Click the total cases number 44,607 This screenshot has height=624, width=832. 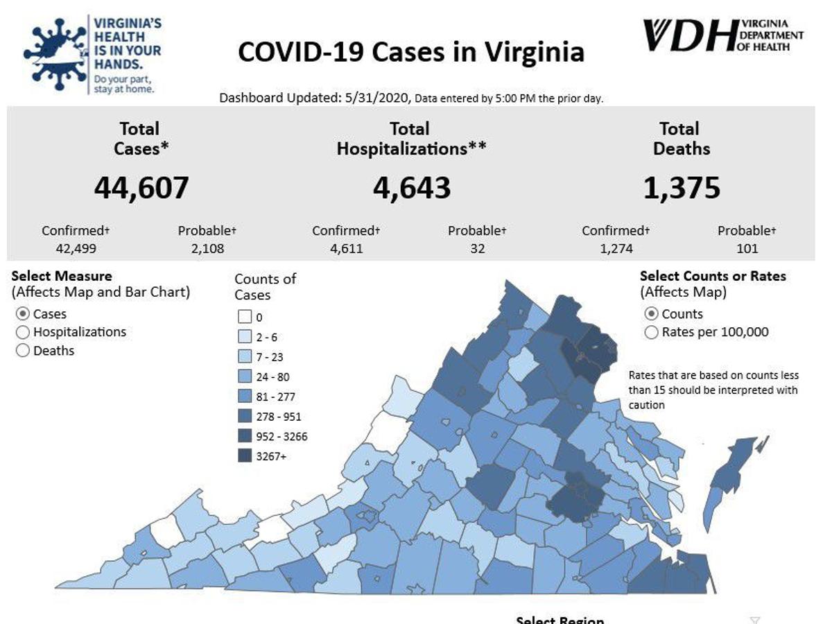tap(141, 187)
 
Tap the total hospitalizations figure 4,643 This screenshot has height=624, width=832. tap(412, 187)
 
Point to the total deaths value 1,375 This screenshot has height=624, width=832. tap(682, 187)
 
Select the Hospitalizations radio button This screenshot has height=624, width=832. tap(22, 332)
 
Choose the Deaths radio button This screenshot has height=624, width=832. tap(22, 351)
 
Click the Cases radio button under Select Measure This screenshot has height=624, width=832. tap(22, 314)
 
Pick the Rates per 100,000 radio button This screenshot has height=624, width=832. tap(651, 332)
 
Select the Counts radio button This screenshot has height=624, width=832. tap(651, 314)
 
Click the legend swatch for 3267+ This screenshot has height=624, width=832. tap(243, 456)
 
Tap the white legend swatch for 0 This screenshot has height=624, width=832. tap(243, 318)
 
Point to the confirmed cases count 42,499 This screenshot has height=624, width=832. tap(74, 248)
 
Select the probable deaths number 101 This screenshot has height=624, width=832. tap(747, 248)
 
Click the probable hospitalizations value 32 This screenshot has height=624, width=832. tap(477, 248)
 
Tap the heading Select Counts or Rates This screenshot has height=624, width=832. tap(713, 276)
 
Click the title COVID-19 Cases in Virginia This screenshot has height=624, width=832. tap(410, 52)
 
